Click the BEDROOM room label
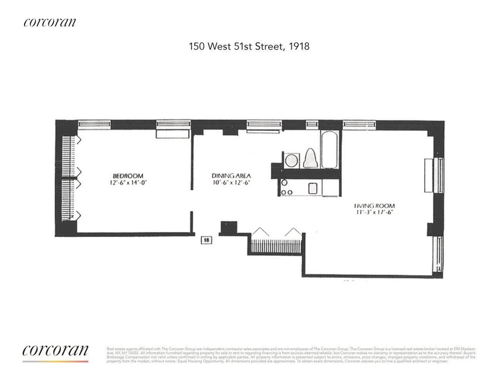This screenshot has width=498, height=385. point(128,176)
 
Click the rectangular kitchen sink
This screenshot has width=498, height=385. point(312,188)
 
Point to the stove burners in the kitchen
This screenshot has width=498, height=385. point(287,187)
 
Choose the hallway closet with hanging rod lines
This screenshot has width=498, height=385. point(276,241)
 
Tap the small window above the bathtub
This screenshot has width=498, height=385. point(312,124)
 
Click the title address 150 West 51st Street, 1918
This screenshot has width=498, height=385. point(249,45)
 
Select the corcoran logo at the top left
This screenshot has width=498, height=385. point(50,22)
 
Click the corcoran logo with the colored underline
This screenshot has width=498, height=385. point(56,352)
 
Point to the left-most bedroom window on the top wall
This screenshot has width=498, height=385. point(94,124)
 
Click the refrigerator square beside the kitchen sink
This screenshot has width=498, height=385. point(329,187)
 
